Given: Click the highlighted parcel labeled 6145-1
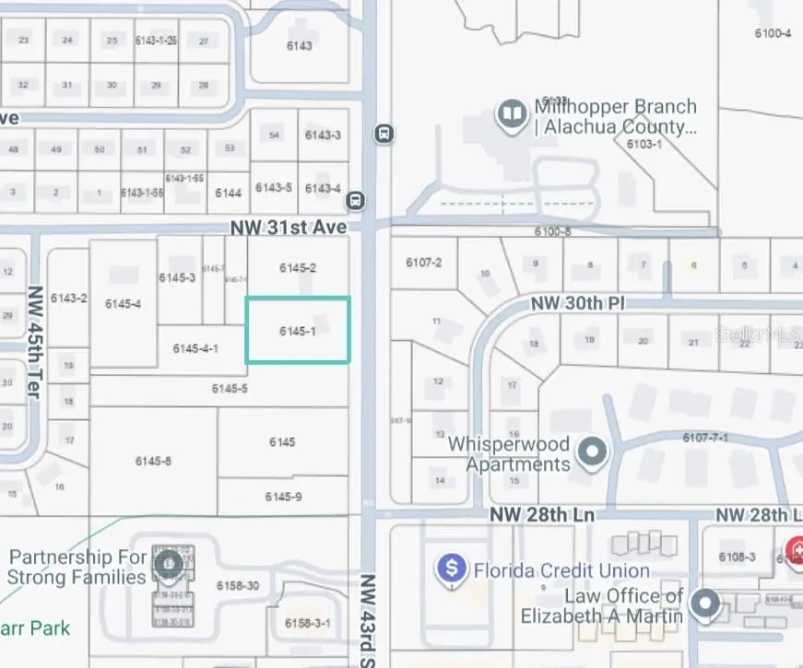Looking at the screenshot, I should pyautogui.click(x=298, y=330).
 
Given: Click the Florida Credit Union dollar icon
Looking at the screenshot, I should pyautogui.click(x=452, y=568).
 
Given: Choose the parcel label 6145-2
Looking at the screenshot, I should pyautogui.click(x=298, y=268).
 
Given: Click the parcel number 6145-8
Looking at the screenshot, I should pyautogui.click(x=153, y=461).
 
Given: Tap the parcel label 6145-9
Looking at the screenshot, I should pyautogui.click(x=283, y=497).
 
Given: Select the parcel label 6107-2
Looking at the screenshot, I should pyautogui.click(x=424, y=263).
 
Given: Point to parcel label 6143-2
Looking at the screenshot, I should pyautogui.click(x=69, y=298).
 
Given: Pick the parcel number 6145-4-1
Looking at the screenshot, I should pyautogui.click(x=195, y=348).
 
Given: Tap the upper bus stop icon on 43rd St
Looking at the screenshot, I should pyautogui.click(x=384, y=134).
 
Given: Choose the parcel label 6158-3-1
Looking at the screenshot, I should pyautogui.click(x=308, y=623).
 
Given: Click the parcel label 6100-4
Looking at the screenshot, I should pyautogui.click(x=773, y=33).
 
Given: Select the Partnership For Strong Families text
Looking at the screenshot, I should pyautogui.click(x=77, y=568).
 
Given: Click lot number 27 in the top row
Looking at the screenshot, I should pyautogui.click(x=204, y=41).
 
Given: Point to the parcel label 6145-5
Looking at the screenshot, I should pyautogui.click(x=230, y=389).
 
